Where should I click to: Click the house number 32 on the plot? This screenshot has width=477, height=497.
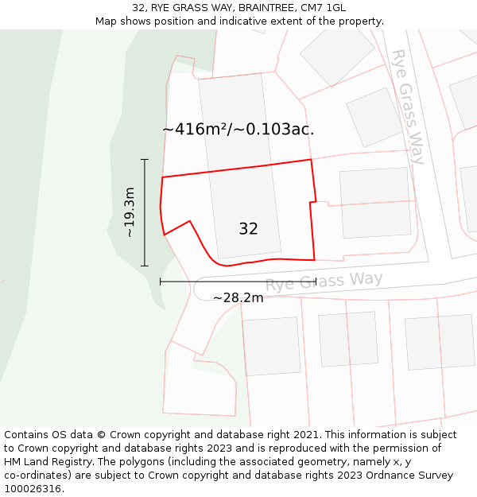coord(248,229)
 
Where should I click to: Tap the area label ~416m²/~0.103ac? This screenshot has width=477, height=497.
coord(238,129)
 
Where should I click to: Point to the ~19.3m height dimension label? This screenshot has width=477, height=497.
coord(130,212)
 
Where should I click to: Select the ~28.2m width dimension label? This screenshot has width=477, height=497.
coord(238,297)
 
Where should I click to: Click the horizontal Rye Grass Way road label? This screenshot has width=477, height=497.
coord(324,281)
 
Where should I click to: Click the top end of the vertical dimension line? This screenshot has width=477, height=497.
coord(145,160)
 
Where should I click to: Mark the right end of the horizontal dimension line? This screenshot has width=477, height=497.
coord(316,282)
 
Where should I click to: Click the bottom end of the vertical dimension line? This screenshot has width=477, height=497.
coord(145,266)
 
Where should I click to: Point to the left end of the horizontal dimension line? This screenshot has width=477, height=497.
coord(161,282)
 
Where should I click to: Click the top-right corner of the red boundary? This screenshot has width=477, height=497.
coord(310,160)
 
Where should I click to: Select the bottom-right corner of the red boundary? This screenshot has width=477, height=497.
coord(314,260)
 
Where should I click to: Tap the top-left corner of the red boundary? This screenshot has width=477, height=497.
coord(162,177)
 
